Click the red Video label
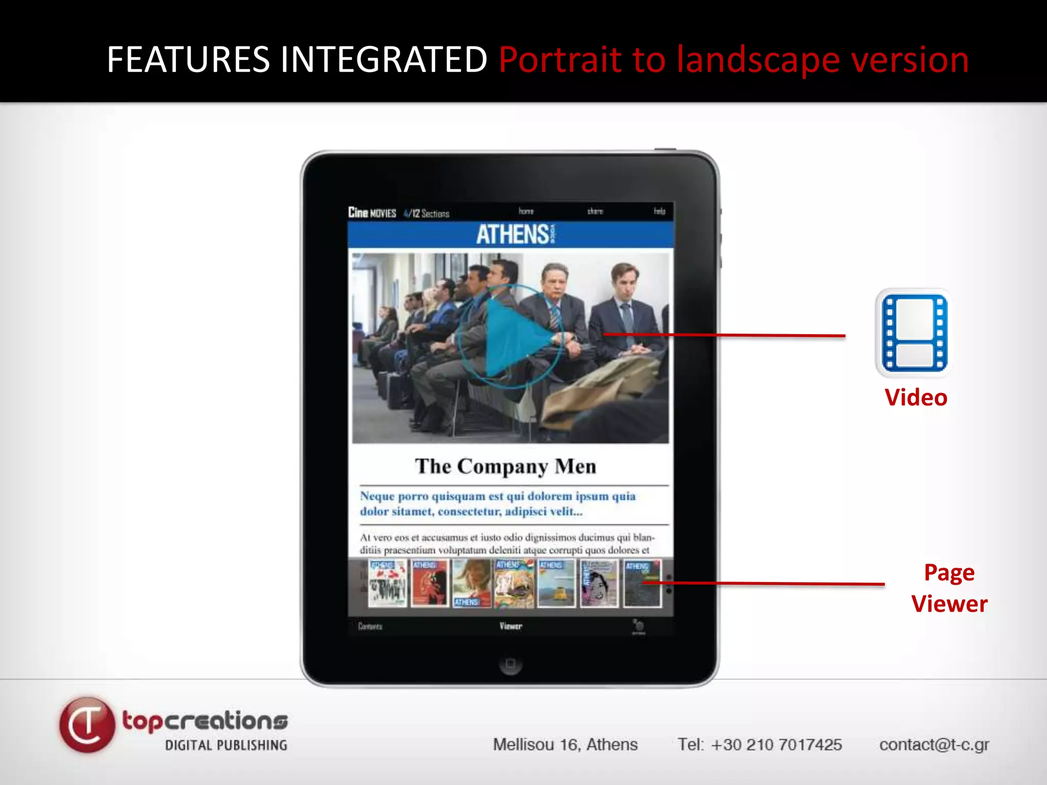(916, 398)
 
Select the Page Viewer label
(949, 588)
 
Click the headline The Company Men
(506, 466)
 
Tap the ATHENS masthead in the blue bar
(513, 235)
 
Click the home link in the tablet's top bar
(526, 211)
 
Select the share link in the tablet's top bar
(595, 211)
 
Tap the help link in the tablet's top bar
(659, 211)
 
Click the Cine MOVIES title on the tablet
(372, 213)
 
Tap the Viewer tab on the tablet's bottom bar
(511, 626)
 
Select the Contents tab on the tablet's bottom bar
(370, 627)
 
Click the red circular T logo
(87, 724)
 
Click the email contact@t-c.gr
(934, 745)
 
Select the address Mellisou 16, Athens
(565, 745)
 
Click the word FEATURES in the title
(188, 59)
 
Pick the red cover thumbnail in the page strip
(429, 583)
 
